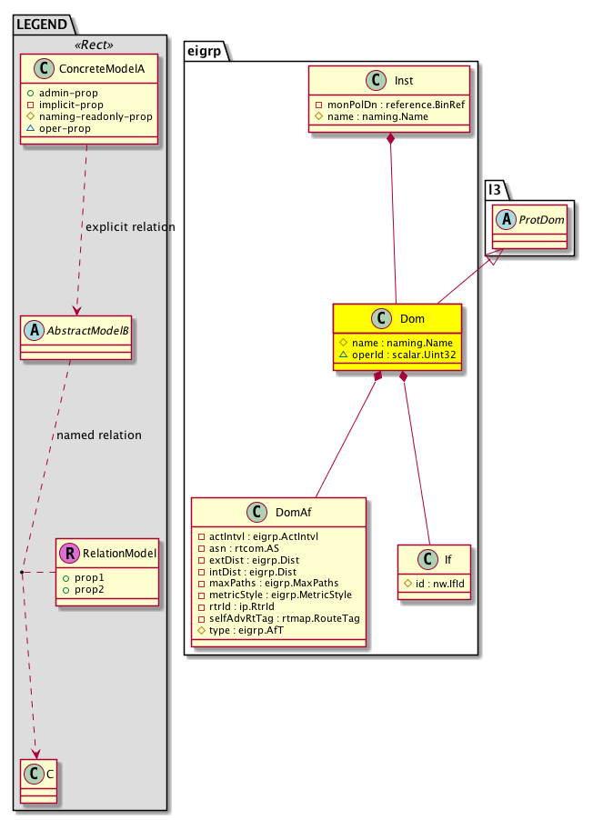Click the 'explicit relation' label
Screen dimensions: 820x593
128,225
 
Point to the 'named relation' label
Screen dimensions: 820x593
99,435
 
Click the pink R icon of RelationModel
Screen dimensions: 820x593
69,552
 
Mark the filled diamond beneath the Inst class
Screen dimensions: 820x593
390,139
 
